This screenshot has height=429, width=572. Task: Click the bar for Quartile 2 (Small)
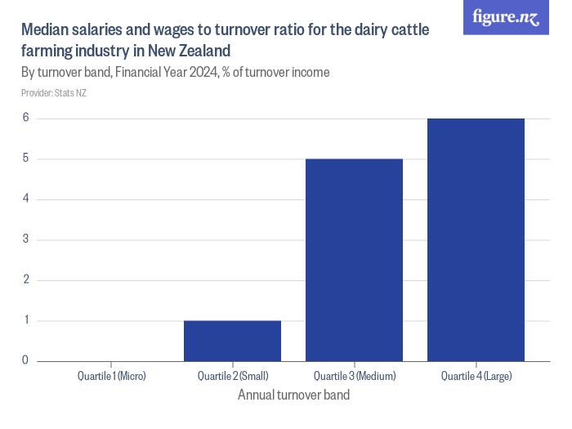point(232,341)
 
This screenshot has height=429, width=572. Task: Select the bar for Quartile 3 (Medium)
point(354,260)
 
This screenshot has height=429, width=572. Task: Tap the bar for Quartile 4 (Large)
point(476,239)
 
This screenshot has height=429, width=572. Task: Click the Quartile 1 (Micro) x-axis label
point(111,376)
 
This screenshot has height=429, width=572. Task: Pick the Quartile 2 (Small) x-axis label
point(233,376)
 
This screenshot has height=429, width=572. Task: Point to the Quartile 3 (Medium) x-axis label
point(355,376)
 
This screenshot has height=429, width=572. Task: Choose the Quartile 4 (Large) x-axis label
point(476,376)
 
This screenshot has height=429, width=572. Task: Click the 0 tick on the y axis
point(25,360)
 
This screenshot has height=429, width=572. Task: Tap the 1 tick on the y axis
point(25,320)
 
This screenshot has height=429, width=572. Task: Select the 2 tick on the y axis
point(25,279)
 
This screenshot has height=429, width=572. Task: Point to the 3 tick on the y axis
point(25,239)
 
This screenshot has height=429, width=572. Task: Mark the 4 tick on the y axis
point(25,199)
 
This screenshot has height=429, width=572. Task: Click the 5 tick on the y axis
point(25,159)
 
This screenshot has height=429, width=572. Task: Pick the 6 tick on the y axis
point(25,118)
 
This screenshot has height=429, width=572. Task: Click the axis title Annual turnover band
point(293,395)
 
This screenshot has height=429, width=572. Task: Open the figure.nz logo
point(506,17)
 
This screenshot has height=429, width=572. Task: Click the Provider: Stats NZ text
point(54,93)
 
